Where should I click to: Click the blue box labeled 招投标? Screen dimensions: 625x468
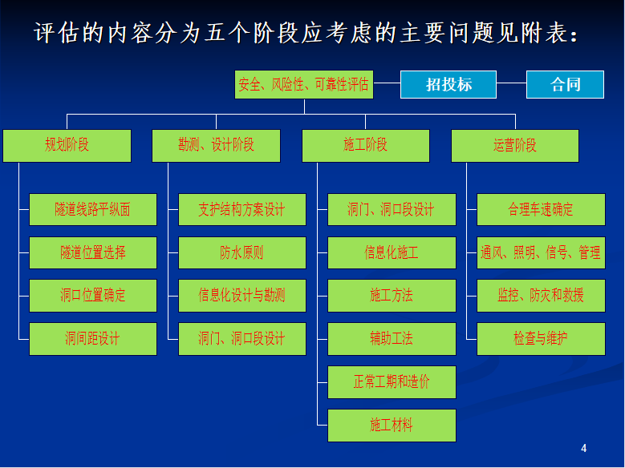[448, 84]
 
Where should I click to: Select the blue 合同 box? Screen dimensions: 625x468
[565, 84]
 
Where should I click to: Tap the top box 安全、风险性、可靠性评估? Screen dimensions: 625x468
[304, 84]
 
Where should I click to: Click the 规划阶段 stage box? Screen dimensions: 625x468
[67, 146]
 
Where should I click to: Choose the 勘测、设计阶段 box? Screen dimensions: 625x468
[216, 146]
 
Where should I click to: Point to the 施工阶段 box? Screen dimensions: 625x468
[366, 146]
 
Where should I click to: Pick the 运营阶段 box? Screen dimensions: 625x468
[515, 146]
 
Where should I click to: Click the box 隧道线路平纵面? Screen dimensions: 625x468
[93, 209]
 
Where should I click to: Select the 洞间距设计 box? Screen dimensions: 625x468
[93, 339]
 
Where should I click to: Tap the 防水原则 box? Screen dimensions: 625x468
[242, 253]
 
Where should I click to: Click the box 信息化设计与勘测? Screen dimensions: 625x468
[242, 296]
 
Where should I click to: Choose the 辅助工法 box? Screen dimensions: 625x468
[392, 339]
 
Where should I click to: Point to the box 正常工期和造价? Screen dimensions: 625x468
[392, 382]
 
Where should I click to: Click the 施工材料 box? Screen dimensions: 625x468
[392, 426]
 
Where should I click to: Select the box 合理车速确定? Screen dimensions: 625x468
[541, 209]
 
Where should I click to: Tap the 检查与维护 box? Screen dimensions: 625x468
[541, 339]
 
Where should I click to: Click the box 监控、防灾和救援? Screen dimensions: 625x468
[541, 296]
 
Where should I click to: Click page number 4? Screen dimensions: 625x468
[583, 449]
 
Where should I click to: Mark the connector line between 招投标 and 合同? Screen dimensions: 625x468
[511, 83]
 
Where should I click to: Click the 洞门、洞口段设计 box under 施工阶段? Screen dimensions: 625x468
[392, 209]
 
